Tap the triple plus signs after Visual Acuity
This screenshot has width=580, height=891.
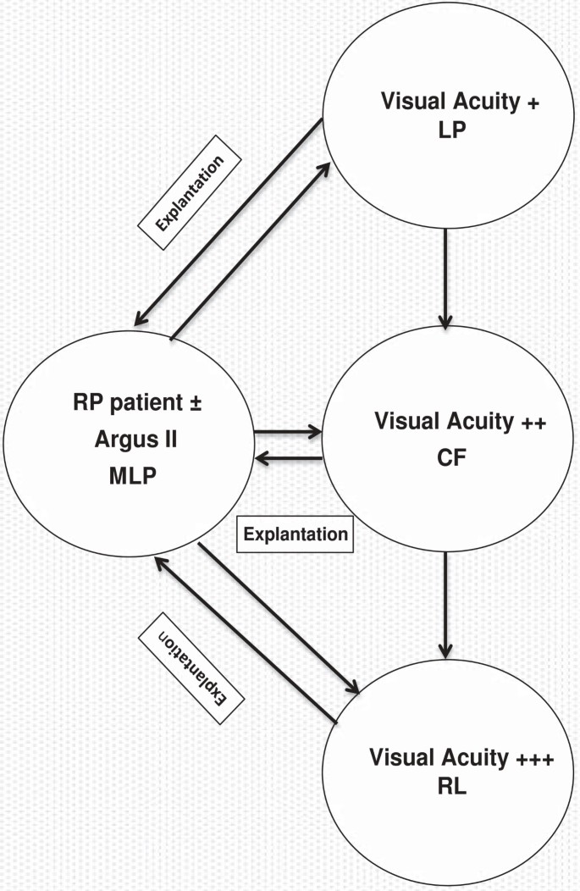(x=535, y=758)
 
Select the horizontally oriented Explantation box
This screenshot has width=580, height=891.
(x=295, y=534)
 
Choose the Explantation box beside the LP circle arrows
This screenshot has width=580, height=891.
(x=191, y=192)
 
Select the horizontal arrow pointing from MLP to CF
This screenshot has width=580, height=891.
(x=288, y=432)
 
